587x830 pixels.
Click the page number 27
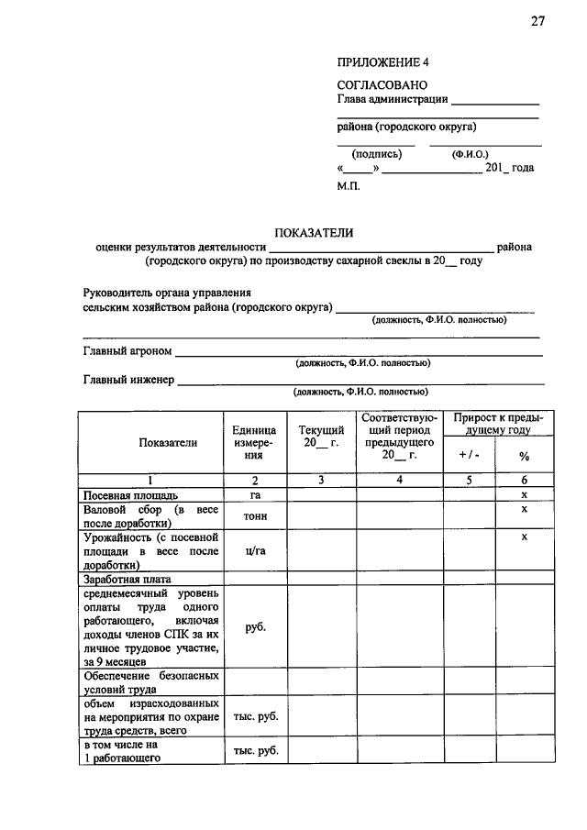point(537,22)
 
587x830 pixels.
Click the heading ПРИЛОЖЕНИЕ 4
point(382,63)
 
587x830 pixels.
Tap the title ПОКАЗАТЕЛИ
point(315,234)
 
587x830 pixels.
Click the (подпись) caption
point(376,154)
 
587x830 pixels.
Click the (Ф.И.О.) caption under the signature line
point(471,154)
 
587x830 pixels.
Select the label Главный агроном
point(127,351)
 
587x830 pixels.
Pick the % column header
point(524,455)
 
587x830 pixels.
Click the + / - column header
point(468,455)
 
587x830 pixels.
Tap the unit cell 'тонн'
point(255,516)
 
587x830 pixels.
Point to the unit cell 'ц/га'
point(255,551)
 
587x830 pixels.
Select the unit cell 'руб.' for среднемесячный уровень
point(255,628)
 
